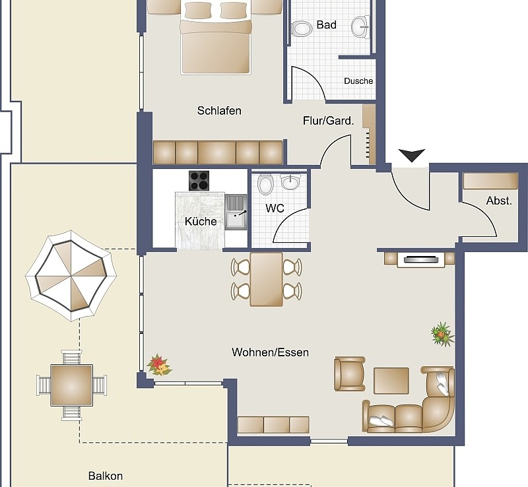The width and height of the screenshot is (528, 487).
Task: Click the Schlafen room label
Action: [219, 110]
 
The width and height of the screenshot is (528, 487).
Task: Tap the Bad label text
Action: [326, 25]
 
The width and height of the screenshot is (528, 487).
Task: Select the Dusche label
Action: [358, 81]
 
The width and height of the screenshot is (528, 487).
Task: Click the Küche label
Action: [201, 221]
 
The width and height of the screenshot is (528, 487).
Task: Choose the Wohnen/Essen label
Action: [270, 352]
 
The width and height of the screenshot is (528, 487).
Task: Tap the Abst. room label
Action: [499, 201]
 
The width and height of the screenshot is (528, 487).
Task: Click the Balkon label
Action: [106, 475]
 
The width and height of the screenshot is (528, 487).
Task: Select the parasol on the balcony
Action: [71, 275]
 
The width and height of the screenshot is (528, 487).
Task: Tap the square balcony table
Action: [71, 385]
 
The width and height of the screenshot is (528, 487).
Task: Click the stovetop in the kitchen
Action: [199, 180]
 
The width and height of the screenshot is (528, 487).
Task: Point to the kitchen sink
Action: [235, 212]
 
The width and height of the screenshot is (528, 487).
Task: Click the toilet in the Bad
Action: [302, 28]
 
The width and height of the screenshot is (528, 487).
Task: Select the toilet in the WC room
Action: [265, 184]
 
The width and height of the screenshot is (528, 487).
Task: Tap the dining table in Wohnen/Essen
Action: [267, 279]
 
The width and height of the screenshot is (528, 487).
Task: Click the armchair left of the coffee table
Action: [349, 374]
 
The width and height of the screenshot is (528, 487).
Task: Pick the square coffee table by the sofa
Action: [391, 380]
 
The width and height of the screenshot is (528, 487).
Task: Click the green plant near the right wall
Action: [442, 334]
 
